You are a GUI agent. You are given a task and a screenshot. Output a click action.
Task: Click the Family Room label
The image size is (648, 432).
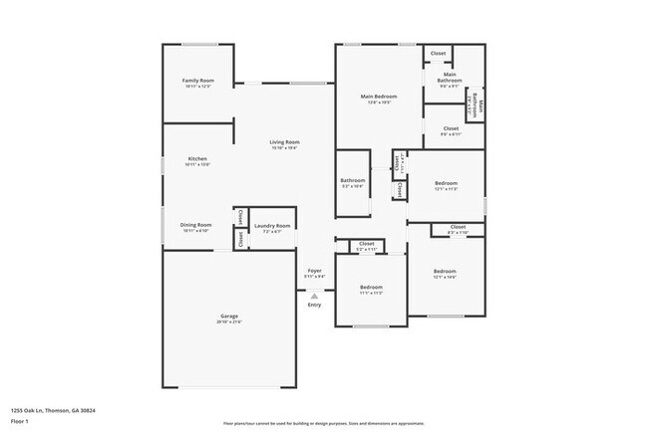pos(197,81)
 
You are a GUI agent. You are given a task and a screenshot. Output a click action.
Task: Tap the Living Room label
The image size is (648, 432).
pos(284,142)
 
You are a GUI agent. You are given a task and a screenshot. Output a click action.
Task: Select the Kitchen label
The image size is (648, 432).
pos(197,159)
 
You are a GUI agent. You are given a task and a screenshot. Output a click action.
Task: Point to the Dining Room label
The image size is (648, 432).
pos(195,225)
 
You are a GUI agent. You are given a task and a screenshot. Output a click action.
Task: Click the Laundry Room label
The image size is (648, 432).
pos(271,226)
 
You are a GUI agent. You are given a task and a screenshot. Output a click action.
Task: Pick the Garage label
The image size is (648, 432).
pos(229,316)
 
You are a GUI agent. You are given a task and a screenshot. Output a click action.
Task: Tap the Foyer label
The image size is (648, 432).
pos(314,270)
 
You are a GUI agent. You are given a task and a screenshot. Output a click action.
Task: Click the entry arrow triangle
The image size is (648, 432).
pos(314,296)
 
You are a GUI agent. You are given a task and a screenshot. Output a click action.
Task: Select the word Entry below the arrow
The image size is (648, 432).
pos(314,306)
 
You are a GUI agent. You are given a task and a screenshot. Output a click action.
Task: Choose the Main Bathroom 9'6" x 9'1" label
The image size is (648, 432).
pos(450,78)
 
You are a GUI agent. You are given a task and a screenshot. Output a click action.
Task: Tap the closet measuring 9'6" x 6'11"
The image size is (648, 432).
pos(450,130)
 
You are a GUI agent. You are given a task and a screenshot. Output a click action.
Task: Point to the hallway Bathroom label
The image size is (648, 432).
pos(353,180)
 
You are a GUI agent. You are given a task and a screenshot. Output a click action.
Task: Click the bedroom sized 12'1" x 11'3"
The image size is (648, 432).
pos(446,185)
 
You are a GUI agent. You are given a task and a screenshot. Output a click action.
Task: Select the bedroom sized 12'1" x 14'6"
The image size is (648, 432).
pos(445,273)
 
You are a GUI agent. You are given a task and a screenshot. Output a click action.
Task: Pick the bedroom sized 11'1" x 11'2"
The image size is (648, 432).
pos(370,289)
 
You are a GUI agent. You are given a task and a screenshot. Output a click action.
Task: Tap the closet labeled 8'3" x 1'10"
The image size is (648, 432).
pos(458,229)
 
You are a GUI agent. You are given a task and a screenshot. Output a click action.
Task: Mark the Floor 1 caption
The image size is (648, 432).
pos(21,420)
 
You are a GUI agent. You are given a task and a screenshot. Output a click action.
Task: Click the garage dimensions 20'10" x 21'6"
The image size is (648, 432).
pos(229,322)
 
